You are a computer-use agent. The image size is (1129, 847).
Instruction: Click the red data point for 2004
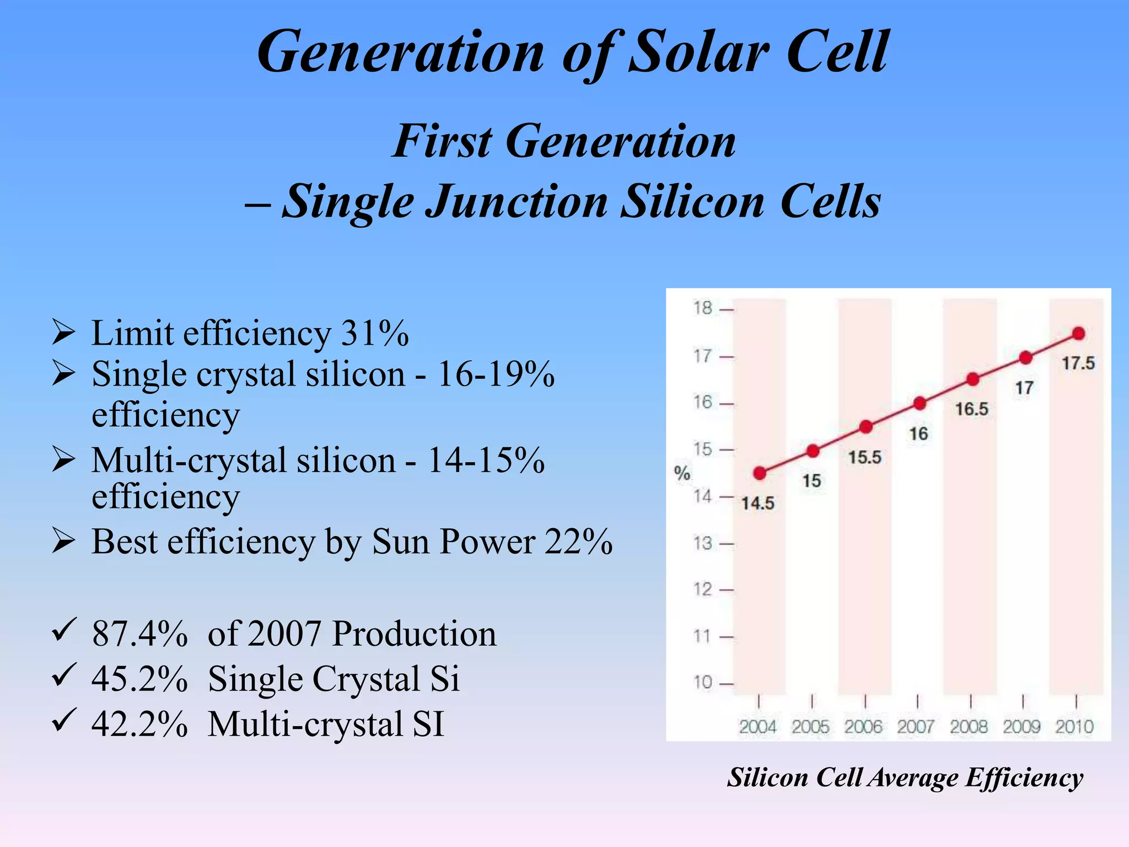(x=760, y=473)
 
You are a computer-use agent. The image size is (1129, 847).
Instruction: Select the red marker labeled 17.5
(x=1079, y=333)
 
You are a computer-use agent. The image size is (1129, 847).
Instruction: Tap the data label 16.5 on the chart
(x=972, y=410)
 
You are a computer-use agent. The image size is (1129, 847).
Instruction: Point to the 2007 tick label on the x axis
(x=916, y=727)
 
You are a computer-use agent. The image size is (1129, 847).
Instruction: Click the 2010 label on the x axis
(x=1074, y=727)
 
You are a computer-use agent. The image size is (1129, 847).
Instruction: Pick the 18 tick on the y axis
(x=703, y=308)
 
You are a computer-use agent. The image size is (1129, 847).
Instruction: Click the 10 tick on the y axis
(x=703, y=683)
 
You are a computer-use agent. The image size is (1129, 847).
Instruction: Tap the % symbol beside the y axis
(x=682, y=473)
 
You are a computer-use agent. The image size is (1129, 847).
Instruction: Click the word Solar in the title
(x=699, y=52)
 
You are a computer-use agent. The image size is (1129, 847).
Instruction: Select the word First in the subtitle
(x=442, y=142)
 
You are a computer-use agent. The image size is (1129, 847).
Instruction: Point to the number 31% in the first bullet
(x=375, y=334)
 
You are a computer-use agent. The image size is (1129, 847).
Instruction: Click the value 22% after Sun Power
(x=578, y=542)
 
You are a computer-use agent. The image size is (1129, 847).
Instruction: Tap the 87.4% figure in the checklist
(x=139, y=634)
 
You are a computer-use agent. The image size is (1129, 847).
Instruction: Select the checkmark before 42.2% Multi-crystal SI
(x=63, y=720)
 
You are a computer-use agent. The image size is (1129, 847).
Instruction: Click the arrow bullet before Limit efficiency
(x=63, y=333)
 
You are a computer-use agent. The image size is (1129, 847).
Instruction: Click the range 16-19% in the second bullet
(x=496, y=374)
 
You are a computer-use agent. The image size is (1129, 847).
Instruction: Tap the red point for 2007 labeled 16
(x=920, y=404)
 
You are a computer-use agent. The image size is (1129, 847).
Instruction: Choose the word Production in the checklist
(x=414, y=634)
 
